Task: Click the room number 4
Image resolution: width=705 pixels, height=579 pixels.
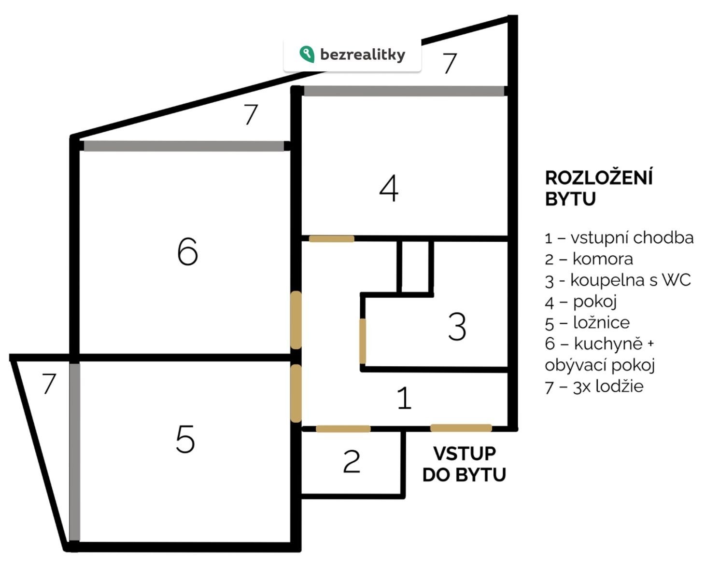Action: click(389, 188)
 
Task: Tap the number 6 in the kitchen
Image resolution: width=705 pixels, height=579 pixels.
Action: click(187, 251)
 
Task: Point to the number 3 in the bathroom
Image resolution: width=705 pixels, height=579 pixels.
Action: click(457, 327)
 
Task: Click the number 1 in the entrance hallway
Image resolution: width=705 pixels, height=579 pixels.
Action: click(404, 398)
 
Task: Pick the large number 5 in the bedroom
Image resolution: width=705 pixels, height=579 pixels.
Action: click(185, 439)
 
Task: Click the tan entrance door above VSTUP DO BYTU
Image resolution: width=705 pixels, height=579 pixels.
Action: click(461, 428)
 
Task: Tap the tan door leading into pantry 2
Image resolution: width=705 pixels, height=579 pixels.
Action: click(343, 428)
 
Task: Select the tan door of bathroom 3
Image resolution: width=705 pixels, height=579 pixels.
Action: click(362, 341)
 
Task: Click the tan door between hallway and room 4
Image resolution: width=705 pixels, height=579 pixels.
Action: click(332, 239)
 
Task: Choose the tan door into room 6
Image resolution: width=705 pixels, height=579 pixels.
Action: click(296, 320)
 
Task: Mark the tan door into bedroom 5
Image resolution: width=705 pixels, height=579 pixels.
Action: click(296, 394)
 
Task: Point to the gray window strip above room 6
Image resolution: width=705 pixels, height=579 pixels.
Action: click(184, 146)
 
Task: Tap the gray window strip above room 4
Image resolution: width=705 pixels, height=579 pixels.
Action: click(404, 91)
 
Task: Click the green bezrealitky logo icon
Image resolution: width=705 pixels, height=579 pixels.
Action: click(307, 54)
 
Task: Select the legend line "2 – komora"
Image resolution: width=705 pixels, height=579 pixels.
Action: click(589, 259)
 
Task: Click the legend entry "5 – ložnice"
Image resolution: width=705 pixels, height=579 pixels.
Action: click(587, 323)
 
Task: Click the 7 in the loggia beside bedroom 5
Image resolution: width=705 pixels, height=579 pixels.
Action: click(49, 383)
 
